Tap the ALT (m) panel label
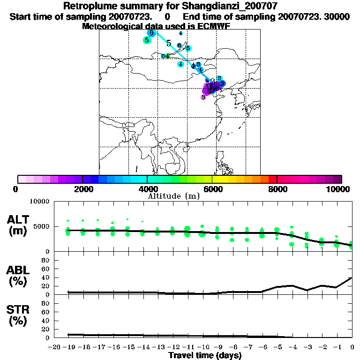coord(19,225)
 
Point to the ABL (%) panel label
coord(19,276)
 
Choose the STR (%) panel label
coord(19,315)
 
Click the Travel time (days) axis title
coord(205,355)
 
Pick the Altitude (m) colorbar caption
coord(173,195)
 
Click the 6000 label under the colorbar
coord(212,189)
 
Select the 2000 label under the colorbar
coord(82,189)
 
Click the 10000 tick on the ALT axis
coord(39,202)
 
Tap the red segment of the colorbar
coord(272,179)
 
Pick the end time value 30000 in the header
coord(337,16)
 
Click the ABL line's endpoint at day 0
coord(352,277)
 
